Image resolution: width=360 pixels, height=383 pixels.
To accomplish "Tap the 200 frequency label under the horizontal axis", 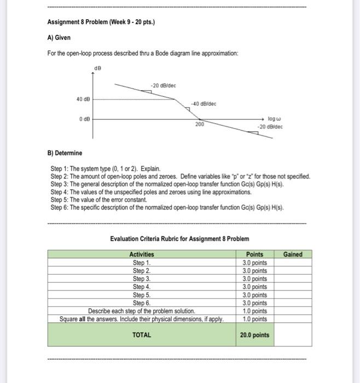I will pyautogui.click(x=199, y=125).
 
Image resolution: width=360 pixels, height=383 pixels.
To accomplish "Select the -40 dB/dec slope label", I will pyautogui.click(x=202, y=103).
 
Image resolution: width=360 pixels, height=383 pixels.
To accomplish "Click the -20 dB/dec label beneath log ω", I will pyautogui.click(x=271, y=127).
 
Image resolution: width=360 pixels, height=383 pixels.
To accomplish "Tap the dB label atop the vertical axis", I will pyautogui.click(x=98, y=68).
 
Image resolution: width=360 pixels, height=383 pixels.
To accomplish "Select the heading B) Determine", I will pyautogui.click(x=66, y=153).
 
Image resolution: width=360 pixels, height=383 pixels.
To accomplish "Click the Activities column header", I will pyautogui.click(x=142, y=254).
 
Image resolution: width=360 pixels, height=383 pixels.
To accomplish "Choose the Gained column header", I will pyautogui.click(x=293, y=254).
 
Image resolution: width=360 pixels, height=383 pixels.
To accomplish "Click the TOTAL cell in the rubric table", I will pyautogui.click(x=142, y=334).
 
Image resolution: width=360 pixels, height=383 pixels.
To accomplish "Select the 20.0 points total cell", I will pyautogui.click(x=254, y=335).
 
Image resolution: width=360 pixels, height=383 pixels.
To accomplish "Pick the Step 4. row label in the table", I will pyautogui.click(x=142, y=287).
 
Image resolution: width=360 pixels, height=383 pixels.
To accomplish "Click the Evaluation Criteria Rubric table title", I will pyautogui.click(x=179, y=239).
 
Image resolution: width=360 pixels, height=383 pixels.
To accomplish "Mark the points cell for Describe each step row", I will pyautogui.click(x=254, y=311).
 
